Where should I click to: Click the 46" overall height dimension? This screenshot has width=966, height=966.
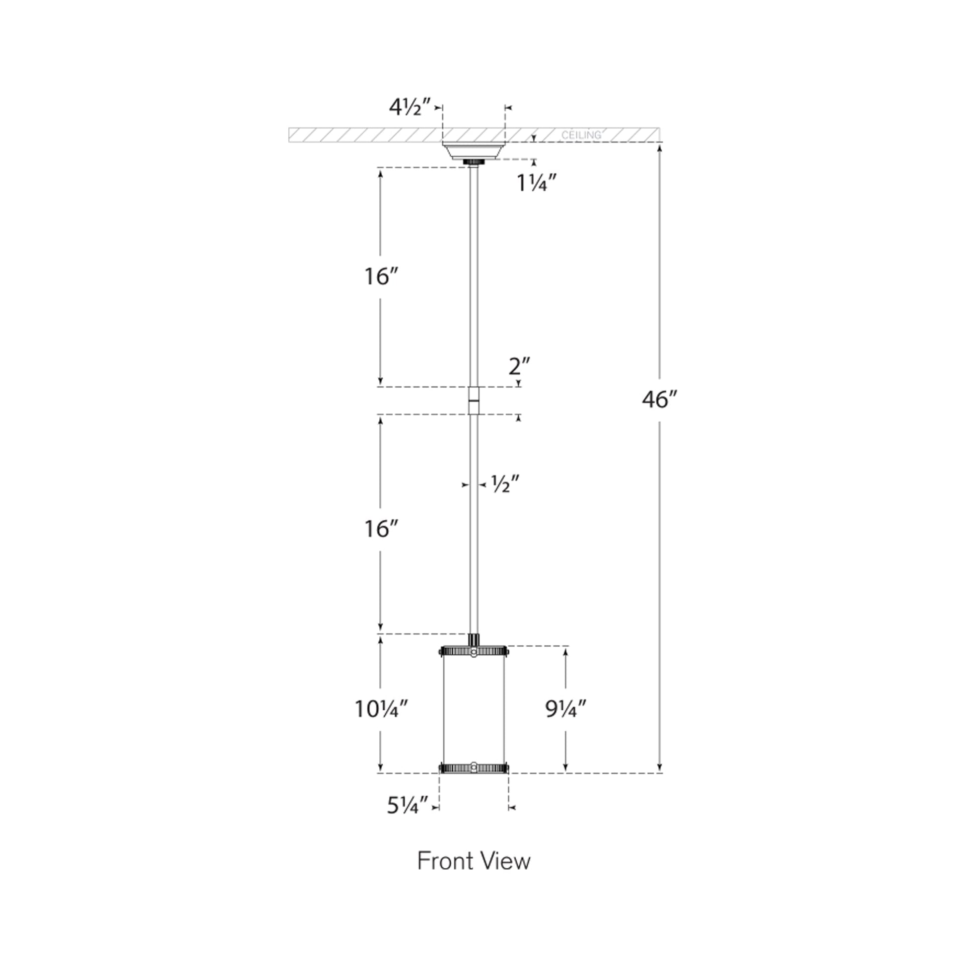(660, 400)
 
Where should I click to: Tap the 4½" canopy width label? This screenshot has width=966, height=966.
(410, 107)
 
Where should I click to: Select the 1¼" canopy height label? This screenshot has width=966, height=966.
(537, 184)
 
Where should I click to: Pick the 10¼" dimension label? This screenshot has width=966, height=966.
(382, 708)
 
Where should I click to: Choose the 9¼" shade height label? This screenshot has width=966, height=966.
(566, 708)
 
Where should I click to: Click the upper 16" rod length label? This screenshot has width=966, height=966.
(381, 276)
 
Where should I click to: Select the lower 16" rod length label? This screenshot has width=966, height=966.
(381, 529)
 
